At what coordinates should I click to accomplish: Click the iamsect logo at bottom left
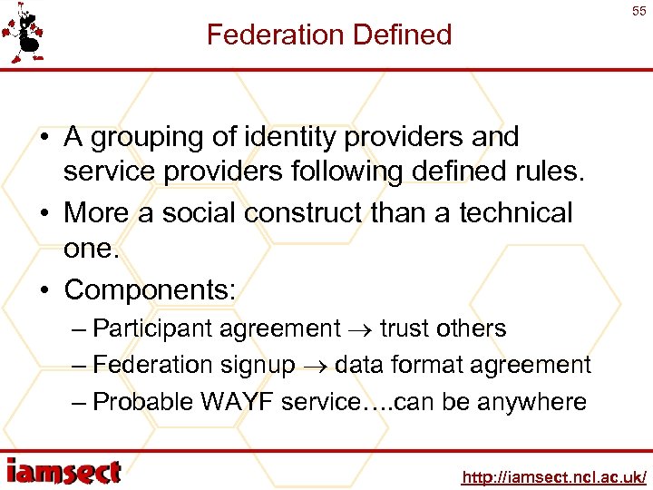pyautogui.click(x=63, y=472)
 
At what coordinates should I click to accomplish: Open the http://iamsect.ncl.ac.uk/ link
pyautogui.click(x=553, y=476)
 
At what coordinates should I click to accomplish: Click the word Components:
pyautogui.click(x=150, y=289)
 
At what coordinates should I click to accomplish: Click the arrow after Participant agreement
pyautogui.click(x=360, y=329)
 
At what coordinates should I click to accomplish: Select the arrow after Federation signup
pyautogui.click(x=315, y=366)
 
